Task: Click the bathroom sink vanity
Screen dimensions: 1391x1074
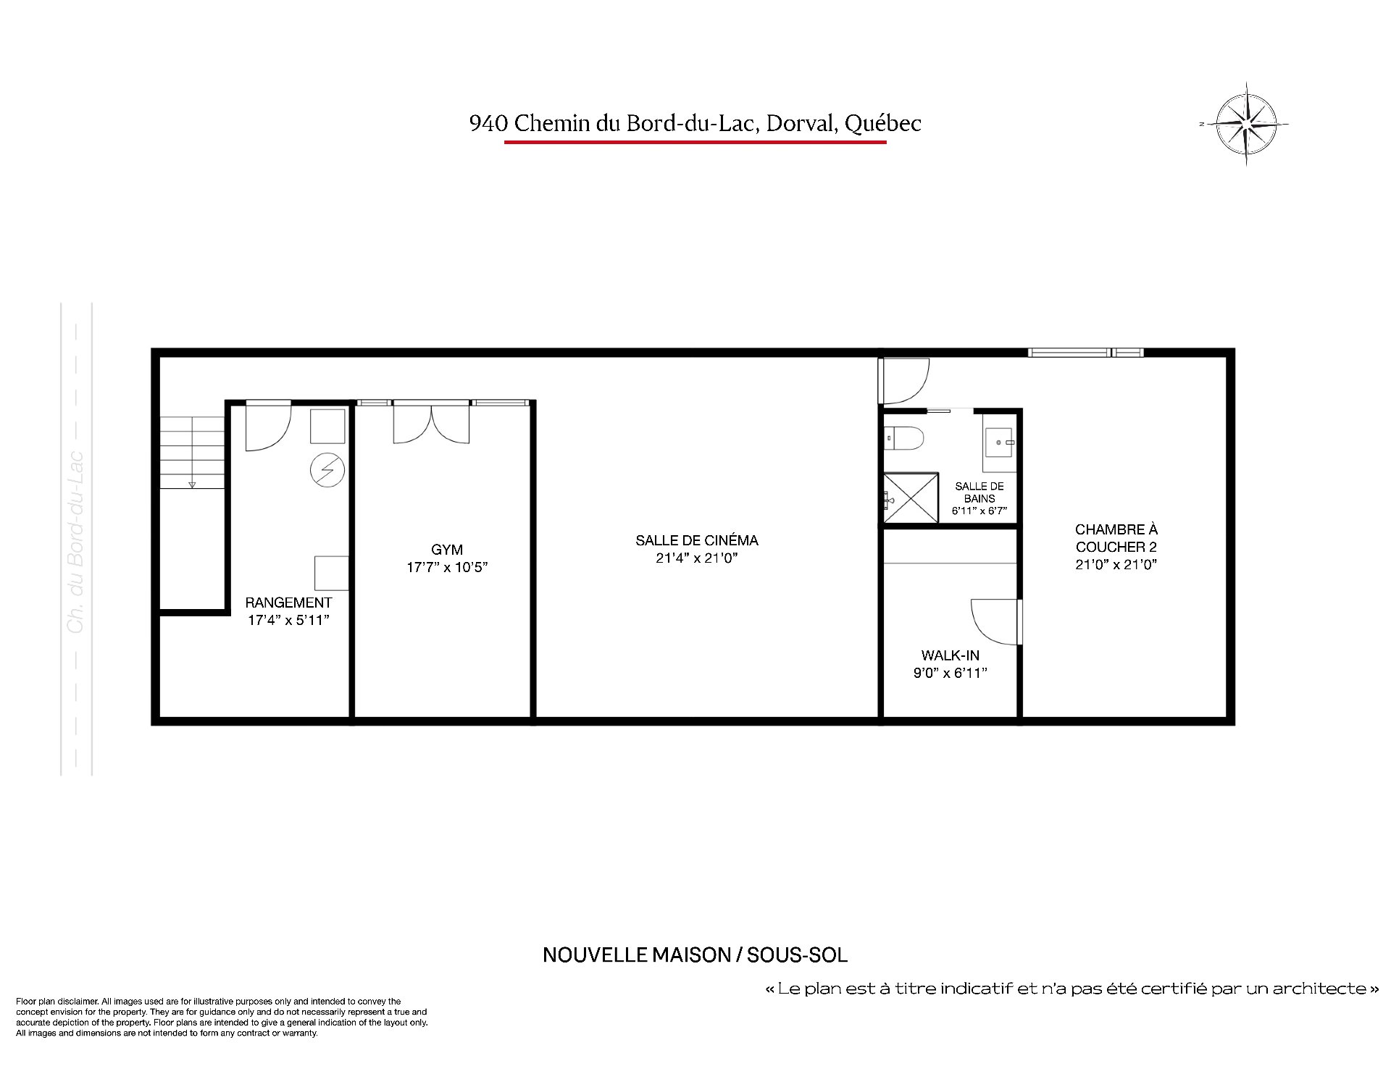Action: coord(1001,442)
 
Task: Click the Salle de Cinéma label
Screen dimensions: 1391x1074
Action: coord(697,540)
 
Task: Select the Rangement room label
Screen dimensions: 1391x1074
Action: coord(288,603)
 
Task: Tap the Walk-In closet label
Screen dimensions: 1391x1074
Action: coord(951,655)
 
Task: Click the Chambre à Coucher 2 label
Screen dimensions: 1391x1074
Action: coord(1116,538)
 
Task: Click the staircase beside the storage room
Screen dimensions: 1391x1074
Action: coord(192,452)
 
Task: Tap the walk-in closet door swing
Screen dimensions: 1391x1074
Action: coord(996,621)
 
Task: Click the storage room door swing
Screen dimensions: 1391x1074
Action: coord(269,427)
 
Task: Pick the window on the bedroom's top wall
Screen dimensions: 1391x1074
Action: coord(1085,353)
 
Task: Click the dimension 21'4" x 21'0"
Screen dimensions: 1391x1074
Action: coord(697,558)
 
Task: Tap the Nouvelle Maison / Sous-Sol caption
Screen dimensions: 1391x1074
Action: coord(695,955)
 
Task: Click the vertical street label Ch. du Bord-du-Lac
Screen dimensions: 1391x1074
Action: coord(76,543)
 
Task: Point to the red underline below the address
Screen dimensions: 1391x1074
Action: coord(695,142)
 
